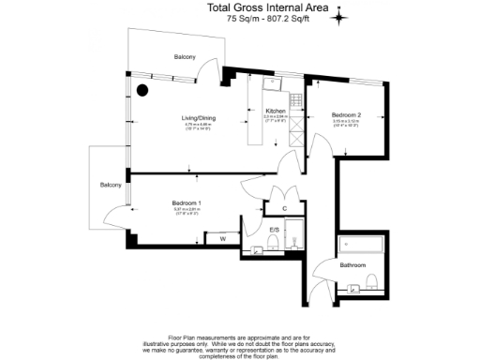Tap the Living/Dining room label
(x=172, y=118)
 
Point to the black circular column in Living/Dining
(x=142, y=91)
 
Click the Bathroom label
(x=353, y=265)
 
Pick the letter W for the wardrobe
(x=222, y=239)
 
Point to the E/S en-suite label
(x=275, y=230)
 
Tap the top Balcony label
(x=185, y=58)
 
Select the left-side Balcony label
(x=112, y=185)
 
